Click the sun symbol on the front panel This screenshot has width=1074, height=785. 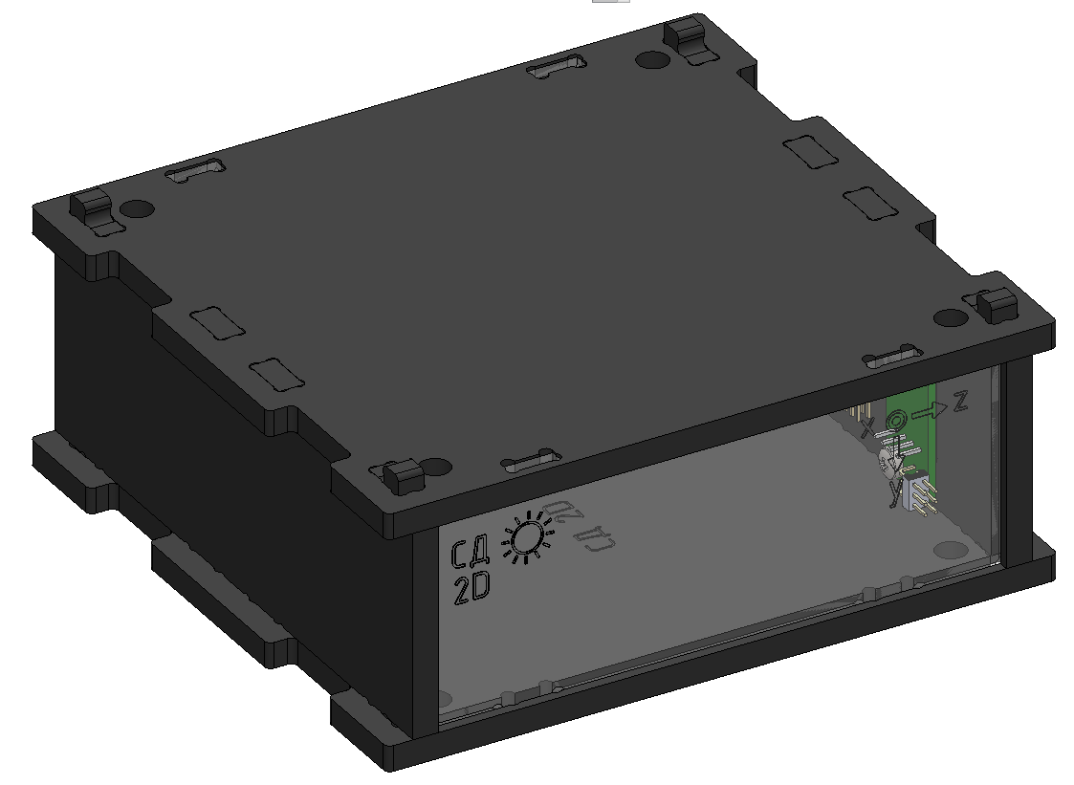pyautogui.click(x=526, y=538)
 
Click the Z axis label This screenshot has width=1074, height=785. pyautogui.click(x=960, y=402)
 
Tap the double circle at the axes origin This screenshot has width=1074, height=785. pyautogui.click(x=898, y=419)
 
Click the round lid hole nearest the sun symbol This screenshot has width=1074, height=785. pyautogui.click(x=436, y=469)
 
